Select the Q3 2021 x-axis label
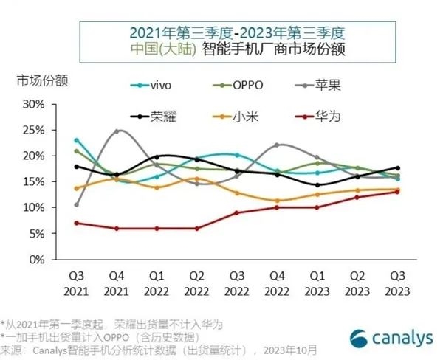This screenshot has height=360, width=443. [77, 284]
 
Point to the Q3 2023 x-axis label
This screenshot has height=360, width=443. [396, 284]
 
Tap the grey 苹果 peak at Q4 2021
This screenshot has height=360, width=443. [117, 131]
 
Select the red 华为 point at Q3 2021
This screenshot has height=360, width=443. [77, 223]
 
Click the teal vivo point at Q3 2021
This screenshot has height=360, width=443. [77, 139]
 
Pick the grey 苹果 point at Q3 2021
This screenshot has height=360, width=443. [77, 204]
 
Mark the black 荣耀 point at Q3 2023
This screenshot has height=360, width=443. [396, 168]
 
